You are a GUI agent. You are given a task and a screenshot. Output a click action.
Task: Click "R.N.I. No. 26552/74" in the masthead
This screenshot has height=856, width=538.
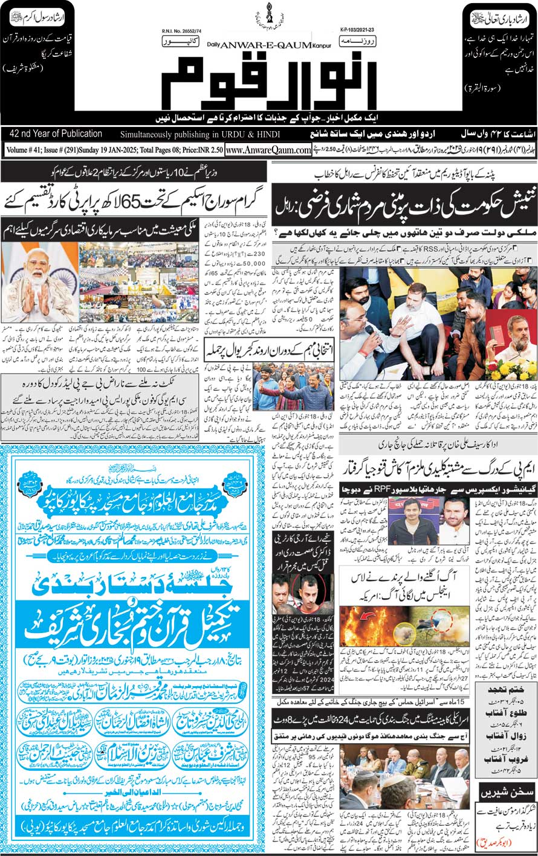(182, 28)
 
